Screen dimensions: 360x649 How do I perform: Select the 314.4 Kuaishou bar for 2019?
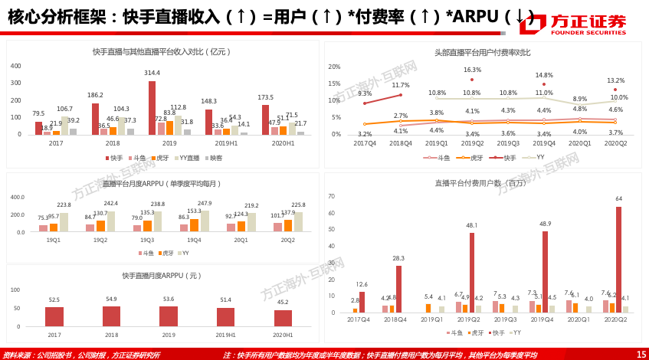[152, 108]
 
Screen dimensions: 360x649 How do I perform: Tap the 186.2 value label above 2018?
[95, 95]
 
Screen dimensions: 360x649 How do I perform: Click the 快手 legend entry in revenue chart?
[114, 158]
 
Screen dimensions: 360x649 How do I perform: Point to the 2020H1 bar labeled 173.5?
[265, 119]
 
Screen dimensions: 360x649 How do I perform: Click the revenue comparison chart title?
[162, 52]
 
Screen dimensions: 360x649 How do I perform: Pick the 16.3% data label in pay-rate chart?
[472, 70]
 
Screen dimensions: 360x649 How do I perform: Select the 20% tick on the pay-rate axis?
[335, 67]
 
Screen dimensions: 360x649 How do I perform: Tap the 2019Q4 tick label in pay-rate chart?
[543, 143]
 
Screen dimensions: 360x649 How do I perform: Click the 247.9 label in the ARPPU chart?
[205, 203]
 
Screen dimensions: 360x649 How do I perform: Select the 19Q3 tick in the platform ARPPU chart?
[147, 240]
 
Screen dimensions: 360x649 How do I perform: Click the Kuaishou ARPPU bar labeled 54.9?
[112, 316]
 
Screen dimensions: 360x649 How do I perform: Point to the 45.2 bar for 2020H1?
[283, 318]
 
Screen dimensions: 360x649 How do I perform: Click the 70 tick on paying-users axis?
[332, 196]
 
